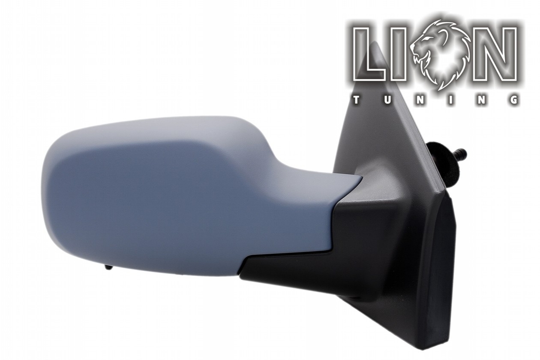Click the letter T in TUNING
tap(357, 100)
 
